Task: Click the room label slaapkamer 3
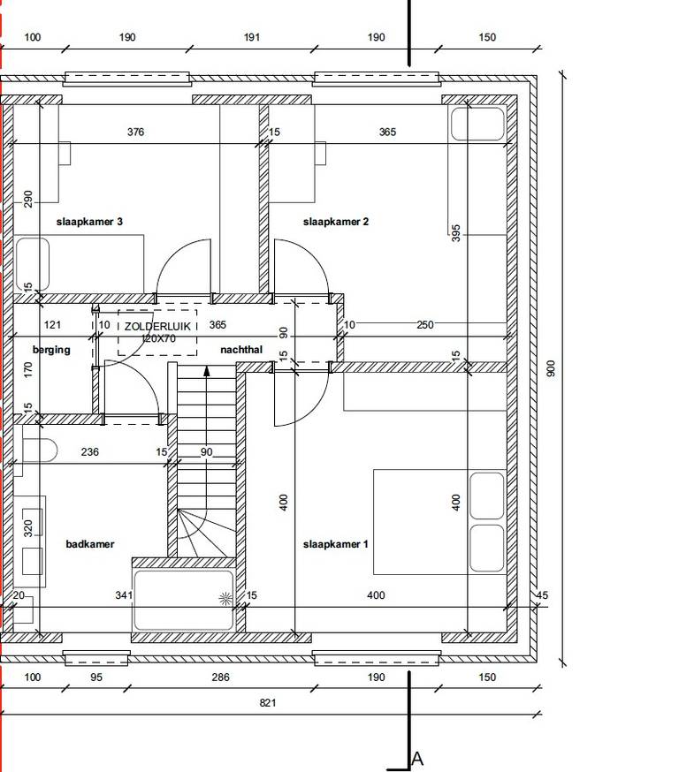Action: [x=89, y=222]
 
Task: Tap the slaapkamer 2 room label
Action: [x=336, y=222]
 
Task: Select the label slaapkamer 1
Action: [x=335, y=544]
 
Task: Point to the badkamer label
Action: [x=89, y=544]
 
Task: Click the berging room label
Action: [x=51, y=350]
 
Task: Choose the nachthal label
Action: [x=241, y=350]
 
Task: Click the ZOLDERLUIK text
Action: [x=157, y=327]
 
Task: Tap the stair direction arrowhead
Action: [x=207, y=371]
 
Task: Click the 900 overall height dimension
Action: [x=551, y=368]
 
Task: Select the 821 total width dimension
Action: [x=268, y=702]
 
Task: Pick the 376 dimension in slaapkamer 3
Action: [x=135, y=132]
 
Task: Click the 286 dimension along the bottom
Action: [x=220, y=677]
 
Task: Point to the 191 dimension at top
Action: [x=251, y=37]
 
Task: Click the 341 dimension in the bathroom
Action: [x=124, y=595]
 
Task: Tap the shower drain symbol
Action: [x=225, y=599]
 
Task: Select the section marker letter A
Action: [x=417, y=759]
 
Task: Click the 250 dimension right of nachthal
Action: [x=424, y=325]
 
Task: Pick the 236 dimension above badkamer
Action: [x=89, y=451]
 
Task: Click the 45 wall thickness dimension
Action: [x=542, y=595]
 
